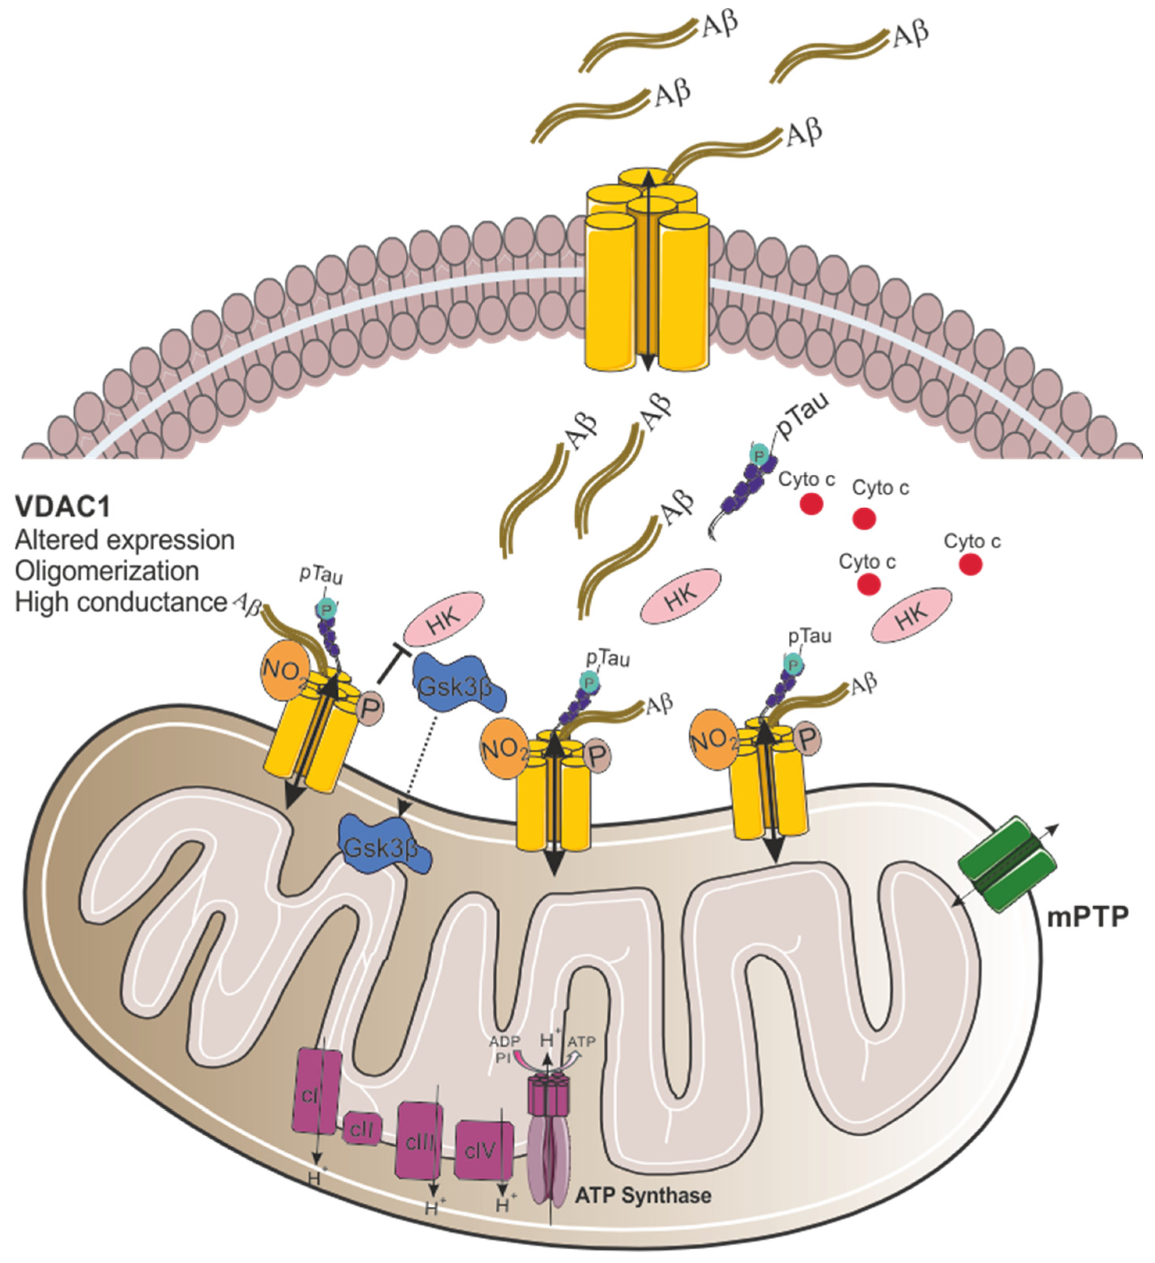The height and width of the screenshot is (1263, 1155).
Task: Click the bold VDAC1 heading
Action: [x=63, y=506]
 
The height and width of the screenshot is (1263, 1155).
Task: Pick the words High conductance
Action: [x=120, y=602]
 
